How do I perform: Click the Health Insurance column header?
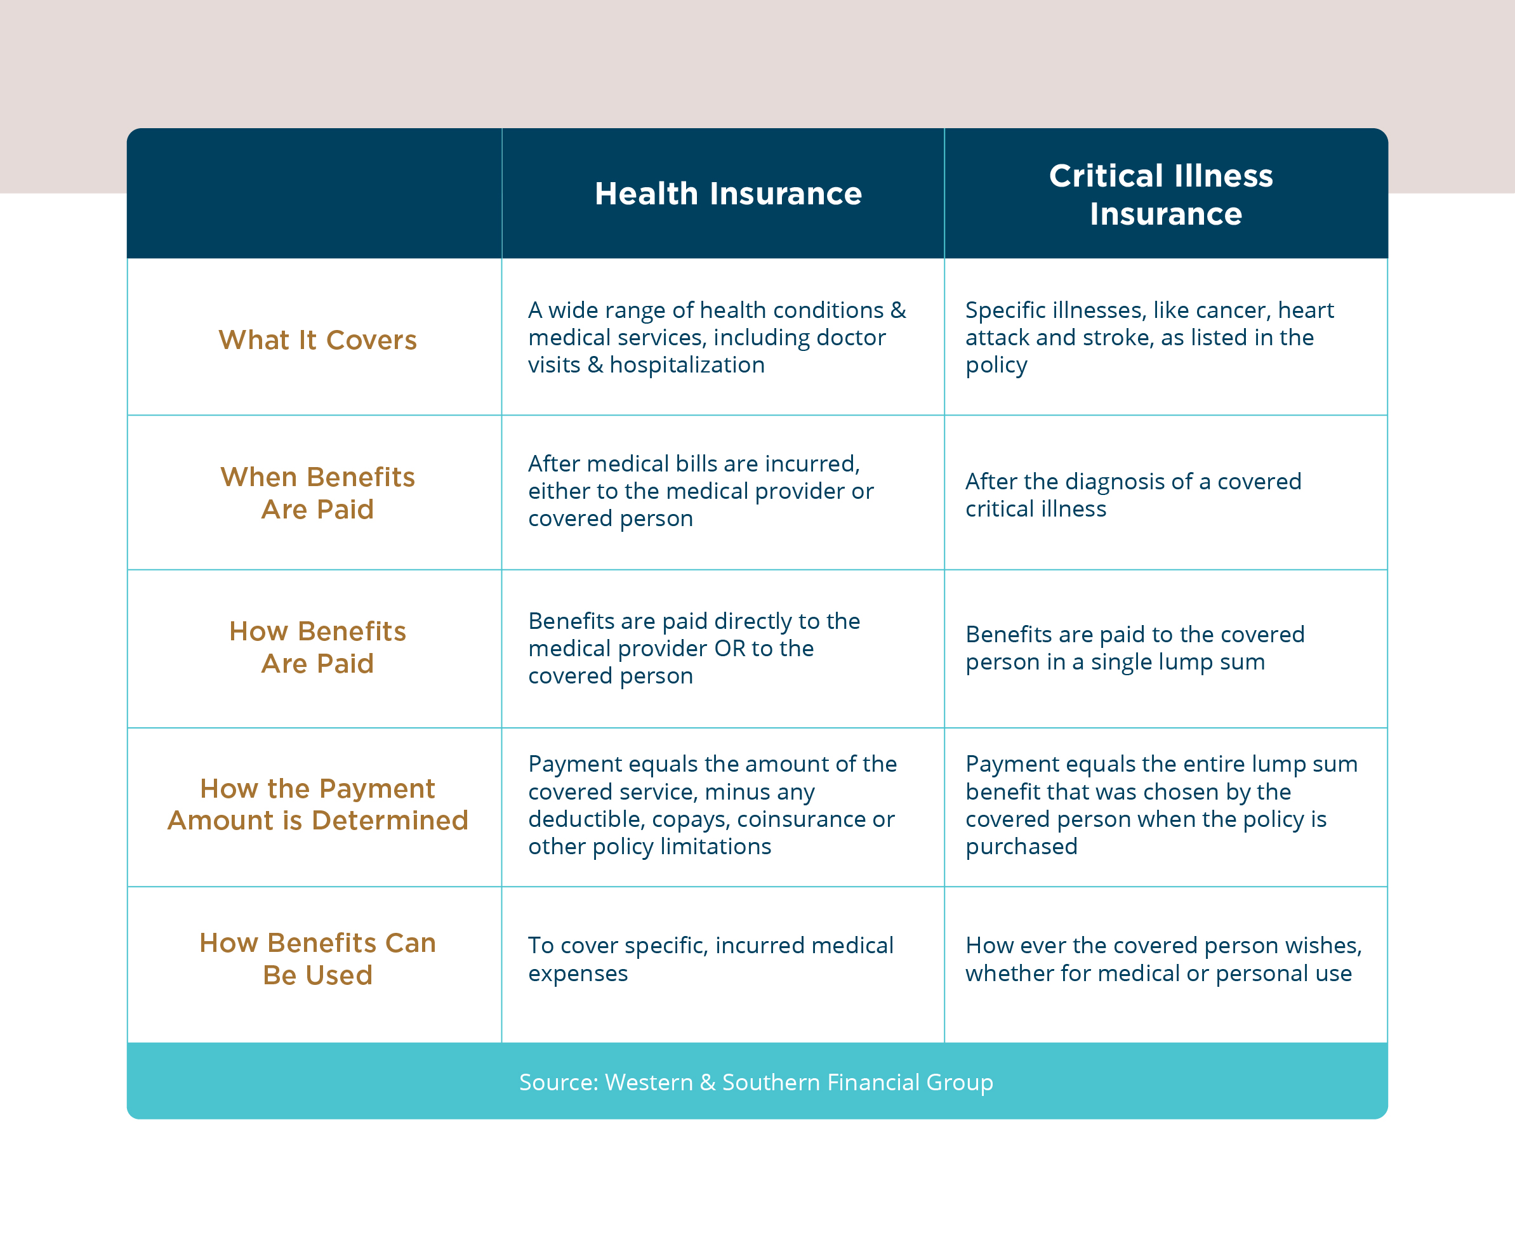tap(728, 194)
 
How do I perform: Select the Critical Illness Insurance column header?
tap(1161, 195)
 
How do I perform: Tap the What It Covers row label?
tap(317, 340)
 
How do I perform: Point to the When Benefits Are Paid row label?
tap(317, 492)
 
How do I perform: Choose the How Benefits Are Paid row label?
tap(317, 647)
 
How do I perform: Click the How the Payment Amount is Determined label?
tap(317, 805)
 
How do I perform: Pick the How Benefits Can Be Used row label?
tap(317, 959)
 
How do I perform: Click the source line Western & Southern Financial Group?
tap(757, 1082)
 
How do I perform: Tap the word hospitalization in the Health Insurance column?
tap(687, 366)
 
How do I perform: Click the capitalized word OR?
tap(730, 649)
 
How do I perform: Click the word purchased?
tap(1021, 848)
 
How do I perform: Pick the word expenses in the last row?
tap(578, 975)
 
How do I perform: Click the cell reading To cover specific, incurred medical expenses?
tap(710, 960)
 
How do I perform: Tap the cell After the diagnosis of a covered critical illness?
tap(1133, 495)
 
